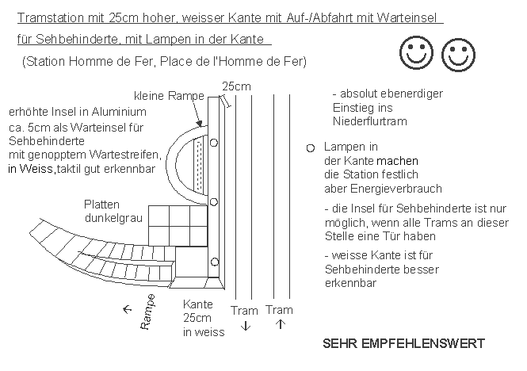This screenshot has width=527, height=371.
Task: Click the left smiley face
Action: tap(414, 55)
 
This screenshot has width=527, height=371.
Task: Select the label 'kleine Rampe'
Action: tap(170, 96)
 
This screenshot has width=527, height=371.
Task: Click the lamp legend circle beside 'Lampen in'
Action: tap(310, 148)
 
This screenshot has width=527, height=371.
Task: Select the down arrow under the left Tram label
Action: tap(245, 325)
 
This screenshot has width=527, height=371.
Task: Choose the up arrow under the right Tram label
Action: tap(279, 325)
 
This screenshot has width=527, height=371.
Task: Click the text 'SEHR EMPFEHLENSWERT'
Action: tap(403, 345)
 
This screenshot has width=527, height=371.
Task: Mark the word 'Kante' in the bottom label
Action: tap(197, 304)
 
